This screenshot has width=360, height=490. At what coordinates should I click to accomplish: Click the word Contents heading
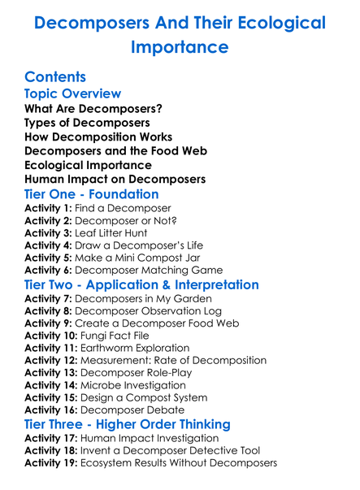point(55,77)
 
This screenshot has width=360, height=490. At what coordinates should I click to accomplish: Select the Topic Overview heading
point(73,94)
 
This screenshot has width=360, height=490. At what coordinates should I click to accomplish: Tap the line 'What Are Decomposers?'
point(93,109)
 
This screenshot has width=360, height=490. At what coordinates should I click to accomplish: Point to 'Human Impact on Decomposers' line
point(115,179)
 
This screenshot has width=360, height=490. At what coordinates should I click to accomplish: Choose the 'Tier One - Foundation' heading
point(92,194)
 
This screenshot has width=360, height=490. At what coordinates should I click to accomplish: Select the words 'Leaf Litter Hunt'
point(115,233)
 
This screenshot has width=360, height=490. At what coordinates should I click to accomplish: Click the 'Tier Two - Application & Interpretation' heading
point(142,285)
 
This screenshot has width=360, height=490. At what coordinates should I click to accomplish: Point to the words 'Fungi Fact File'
point(119,336)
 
